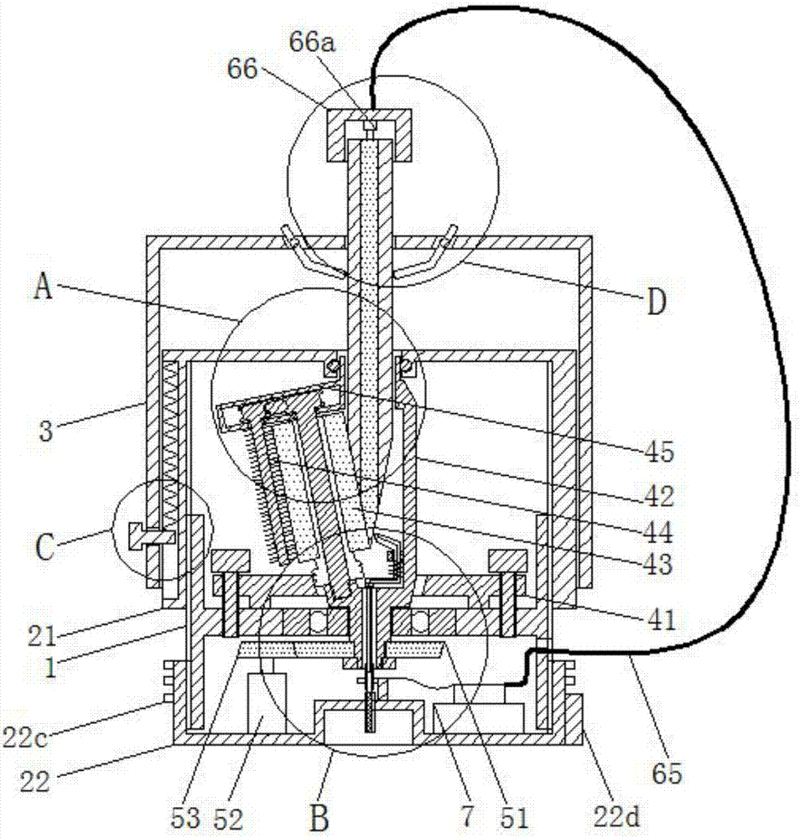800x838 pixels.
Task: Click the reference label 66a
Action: [313, 42]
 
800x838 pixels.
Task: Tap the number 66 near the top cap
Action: [243, 69]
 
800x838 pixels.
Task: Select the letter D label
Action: [657, 302]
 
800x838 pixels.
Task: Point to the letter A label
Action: [44, 287]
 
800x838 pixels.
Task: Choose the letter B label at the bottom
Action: [319, 817]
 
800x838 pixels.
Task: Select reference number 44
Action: [658, 532]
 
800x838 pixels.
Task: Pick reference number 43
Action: [658, 565]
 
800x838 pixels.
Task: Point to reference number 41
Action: [662, 620]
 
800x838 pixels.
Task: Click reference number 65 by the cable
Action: [668, 773]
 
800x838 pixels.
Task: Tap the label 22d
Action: [617, 817]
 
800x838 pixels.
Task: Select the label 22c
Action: [24, 738]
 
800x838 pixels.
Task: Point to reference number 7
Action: [467, 817]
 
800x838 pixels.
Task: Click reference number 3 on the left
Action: [46, 431]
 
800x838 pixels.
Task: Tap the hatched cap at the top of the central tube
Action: [370, 135]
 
